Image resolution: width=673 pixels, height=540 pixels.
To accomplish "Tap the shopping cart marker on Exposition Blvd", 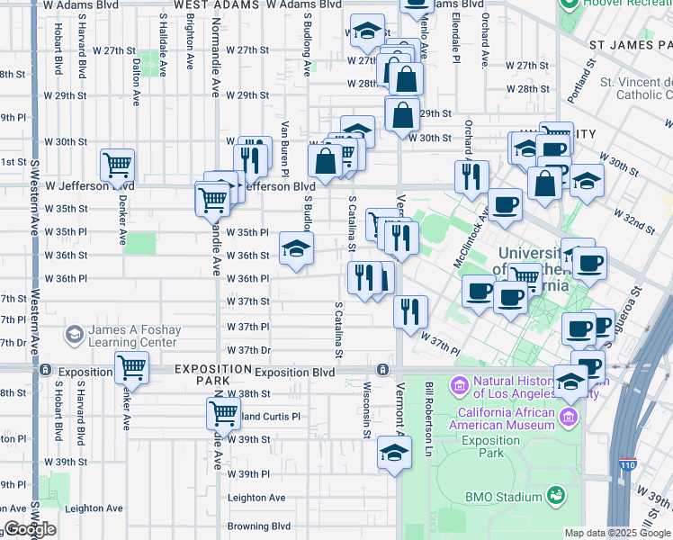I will pos(131,366).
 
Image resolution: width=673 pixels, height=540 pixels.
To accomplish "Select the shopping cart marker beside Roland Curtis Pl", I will pos(223,413).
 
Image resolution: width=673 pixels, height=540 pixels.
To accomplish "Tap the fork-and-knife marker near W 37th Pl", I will pos(410,311).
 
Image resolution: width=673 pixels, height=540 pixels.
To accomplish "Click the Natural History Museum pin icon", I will pos(461,387).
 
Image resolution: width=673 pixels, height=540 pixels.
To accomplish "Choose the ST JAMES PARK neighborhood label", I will pos(630,44).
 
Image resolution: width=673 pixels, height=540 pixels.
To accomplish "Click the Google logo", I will pos(30,529).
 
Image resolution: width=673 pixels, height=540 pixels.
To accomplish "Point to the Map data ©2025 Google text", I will pos(616,533).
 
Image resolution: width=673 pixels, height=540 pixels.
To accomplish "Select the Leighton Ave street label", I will pos(256,498).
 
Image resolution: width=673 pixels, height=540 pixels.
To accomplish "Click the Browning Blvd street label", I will pos(259,526).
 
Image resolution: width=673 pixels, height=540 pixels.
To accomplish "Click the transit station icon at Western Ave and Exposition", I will pos(43,369).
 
